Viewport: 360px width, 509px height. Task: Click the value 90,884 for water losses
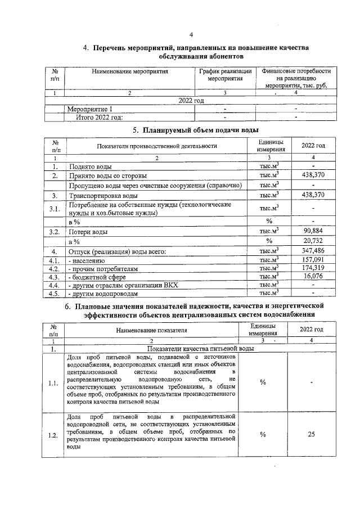coord(313,231)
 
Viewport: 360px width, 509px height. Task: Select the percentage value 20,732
coord(313,241)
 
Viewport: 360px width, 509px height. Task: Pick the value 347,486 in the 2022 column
coord(313,251)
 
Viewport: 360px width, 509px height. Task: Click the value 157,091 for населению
coord(313,260)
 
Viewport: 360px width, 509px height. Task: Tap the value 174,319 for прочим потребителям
coord(313,269)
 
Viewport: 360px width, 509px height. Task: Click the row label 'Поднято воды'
coord(89,167)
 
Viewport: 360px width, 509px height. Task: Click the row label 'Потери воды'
coord(88,232)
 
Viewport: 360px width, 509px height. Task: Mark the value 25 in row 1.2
coord(312,434)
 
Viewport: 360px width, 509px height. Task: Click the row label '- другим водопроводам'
coord(103,294)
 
